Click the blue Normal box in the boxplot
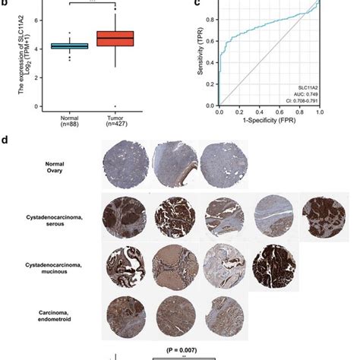pos(69,46)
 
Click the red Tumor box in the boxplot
pos(116,38)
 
